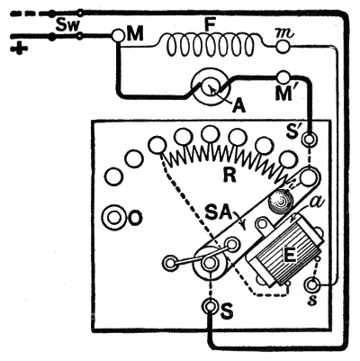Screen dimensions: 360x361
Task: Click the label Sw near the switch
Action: tap(68, 26)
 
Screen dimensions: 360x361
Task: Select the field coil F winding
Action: tap(210, 45)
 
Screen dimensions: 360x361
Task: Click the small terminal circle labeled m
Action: tap(283, 46)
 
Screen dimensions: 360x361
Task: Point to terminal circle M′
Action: tap(283, 77)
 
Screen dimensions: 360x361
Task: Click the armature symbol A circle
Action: tap(211, 87)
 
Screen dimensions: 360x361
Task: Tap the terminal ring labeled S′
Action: tap(310, 140)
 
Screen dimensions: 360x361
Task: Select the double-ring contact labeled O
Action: tap(114, 217)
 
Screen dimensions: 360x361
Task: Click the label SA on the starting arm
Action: tap(220, 214)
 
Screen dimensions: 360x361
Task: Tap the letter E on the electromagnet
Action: tap(291, 256)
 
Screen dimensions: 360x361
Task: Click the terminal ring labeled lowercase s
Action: tap(312, 284)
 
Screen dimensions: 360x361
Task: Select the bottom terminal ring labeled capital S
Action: tap(210, 306)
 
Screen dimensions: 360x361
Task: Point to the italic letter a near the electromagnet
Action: tap(314, 204)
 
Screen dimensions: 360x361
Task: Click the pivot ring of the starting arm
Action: tap(210, 263)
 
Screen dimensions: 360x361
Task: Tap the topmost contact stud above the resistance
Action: tap(210, 134)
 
